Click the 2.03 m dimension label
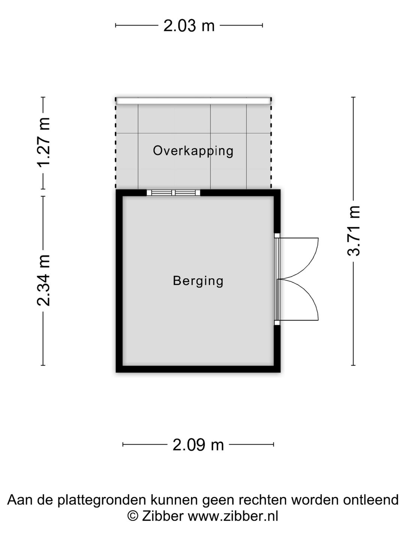click(189, 26)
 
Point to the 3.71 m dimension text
click(354, 231)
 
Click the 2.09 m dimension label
click(198, 445)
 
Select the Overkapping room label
click(193, 151)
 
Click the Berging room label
click(198, 280)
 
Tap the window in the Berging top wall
click(173, 193)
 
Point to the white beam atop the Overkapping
click(193, 100)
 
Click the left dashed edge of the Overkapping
click(115, 146)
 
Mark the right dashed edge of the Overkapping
click(271, 146)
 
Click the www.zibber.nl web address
click(232, 516)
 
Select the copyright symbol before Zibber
click(133, 516)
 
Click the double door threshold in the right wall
click(277, 279)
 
